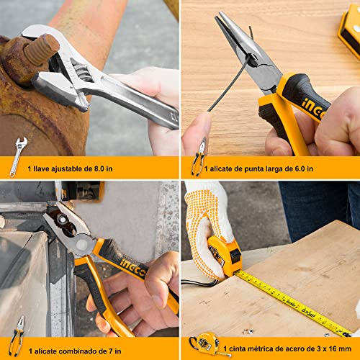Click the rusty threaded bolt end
pos(42,50)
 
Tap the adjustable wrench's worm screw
pos(83,73)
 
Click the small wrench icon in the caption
pos(18,157)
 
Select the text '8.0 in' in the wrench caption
pos(103,168)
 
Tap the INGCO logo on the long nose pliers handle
pos(313,109)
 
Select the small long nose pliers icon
pos(199,157)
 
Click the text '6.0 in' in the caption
pos(304,168)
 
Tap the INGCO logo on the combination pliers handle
pos(132,266)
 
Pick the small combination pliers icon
pos(17,336)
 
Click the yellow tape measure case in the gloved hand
pos(225,256)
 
